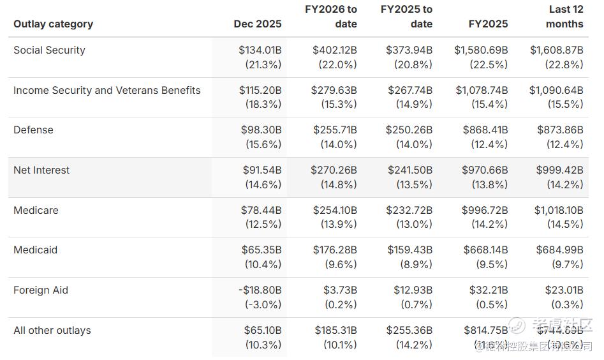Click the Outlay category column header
coord(53,24)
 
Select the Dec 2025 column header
coord(257,24)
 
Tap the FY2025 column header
coord(488,24)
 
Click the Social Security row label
coord(49,50)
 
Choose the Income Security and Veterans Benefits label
coord(107,91)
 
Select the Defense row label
coord(33,130)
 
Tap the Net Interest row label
coord(41,170)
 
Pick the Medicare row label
coord(35,211)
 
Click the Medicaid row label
coord(35,250)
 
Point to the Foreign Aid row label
coord(41,290)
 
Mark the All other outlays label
coord(52,331)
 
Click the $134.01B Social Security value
coord(260,50)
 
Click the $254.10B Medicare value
coord(334,211)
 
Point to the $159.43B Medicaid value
coord(409,250)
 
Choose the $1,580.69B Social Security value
coord(481,50)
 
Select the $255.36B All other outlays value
coord(409,331)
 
